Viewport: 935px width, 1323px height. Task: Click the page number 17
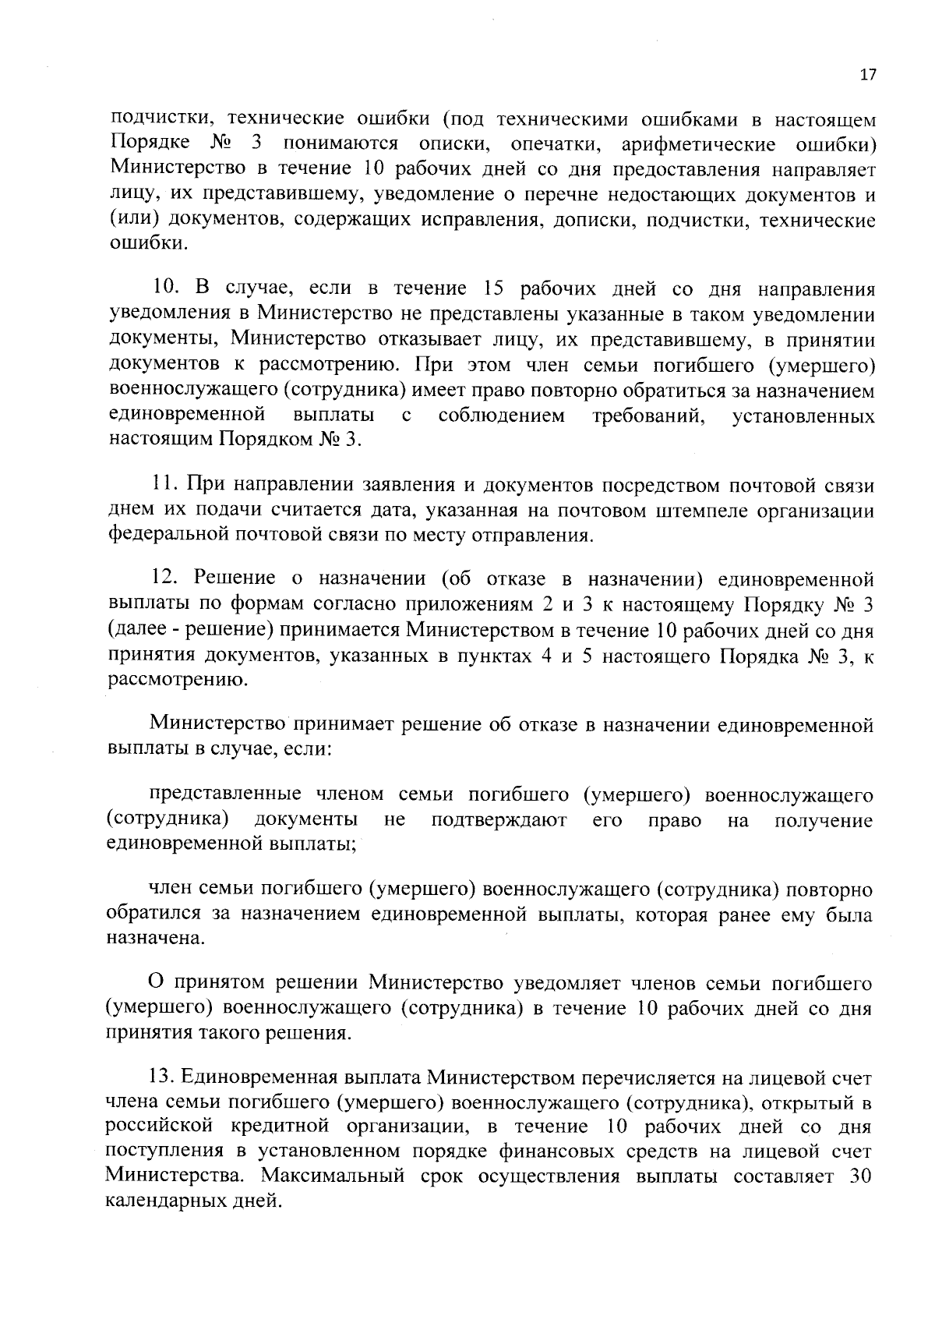(868, 75)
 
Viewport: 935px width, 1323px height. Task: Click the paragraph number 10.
(163, 288)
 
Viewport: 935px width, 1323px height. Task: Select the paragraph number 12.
(164, 578)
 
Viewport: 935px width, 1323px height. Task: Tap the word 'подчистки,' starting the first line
(155, 121)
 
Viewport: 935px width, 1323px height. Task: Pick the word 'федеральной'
(161, 536)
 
